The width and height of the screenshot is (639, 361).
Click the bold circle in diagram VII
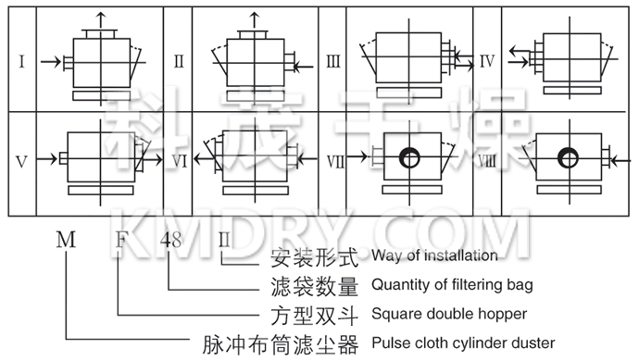tap(407, 158)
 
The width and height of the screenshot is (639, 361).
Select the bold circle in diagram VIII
tap(562, 158)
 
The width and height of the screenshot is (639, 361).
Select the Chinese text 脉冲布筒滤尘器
tap(280, 344)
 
